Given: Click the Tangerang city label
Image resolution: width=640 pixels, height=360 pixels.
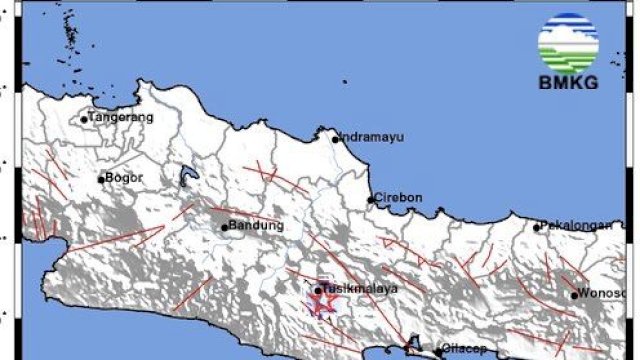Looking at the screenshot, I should pos(121,117).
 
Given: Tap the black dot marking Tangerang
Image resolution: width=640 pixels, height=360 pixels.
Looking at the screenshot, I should pos(84,119).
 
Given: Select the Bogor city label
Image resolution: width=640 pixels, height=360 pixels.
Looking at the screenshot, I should pos(124,178).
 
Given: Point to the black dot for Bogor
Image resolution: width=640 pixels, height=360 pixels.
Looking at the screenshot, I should pos(101,180).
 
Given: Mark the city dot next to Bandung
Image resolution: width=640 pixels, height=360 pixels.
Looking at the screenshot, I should pos(225,226).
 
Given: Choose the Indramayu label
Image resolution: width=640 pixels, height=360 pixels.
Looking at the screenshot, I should pos(371,137).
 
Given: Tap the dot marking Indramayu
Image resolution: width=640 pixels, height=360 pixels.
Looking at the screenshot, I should pos(335,138).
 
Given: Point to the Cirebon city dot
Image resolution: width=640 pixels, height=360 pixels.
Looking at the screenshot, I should pos(371,199).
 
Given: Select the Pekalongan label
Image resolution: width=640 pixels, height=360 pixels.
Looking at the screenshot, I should pos(577,225).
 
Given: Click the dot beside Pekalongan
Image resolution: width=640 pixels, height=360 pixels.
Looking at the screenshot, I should pos(537,227).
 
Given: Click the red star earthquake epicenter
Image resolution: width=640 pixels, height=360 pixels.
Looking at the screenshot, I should pos(324,302).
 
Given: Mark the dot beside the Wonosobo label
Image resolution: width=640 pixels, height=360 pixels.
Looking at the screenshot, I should pos(575,294).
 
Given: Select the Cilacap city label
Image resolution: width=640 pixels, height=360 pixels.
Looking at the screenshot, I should pos(464,351).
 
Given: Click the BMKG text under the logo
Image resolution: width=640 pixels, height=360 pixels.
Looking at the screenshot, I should pos(568,83).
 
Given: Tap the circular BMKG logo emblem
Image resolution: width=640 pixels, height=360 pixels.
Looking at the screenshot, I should pos(568,43).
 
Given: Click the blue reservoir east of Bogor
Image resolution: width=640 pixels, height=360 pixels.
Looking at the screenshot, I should pos(186,177).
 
